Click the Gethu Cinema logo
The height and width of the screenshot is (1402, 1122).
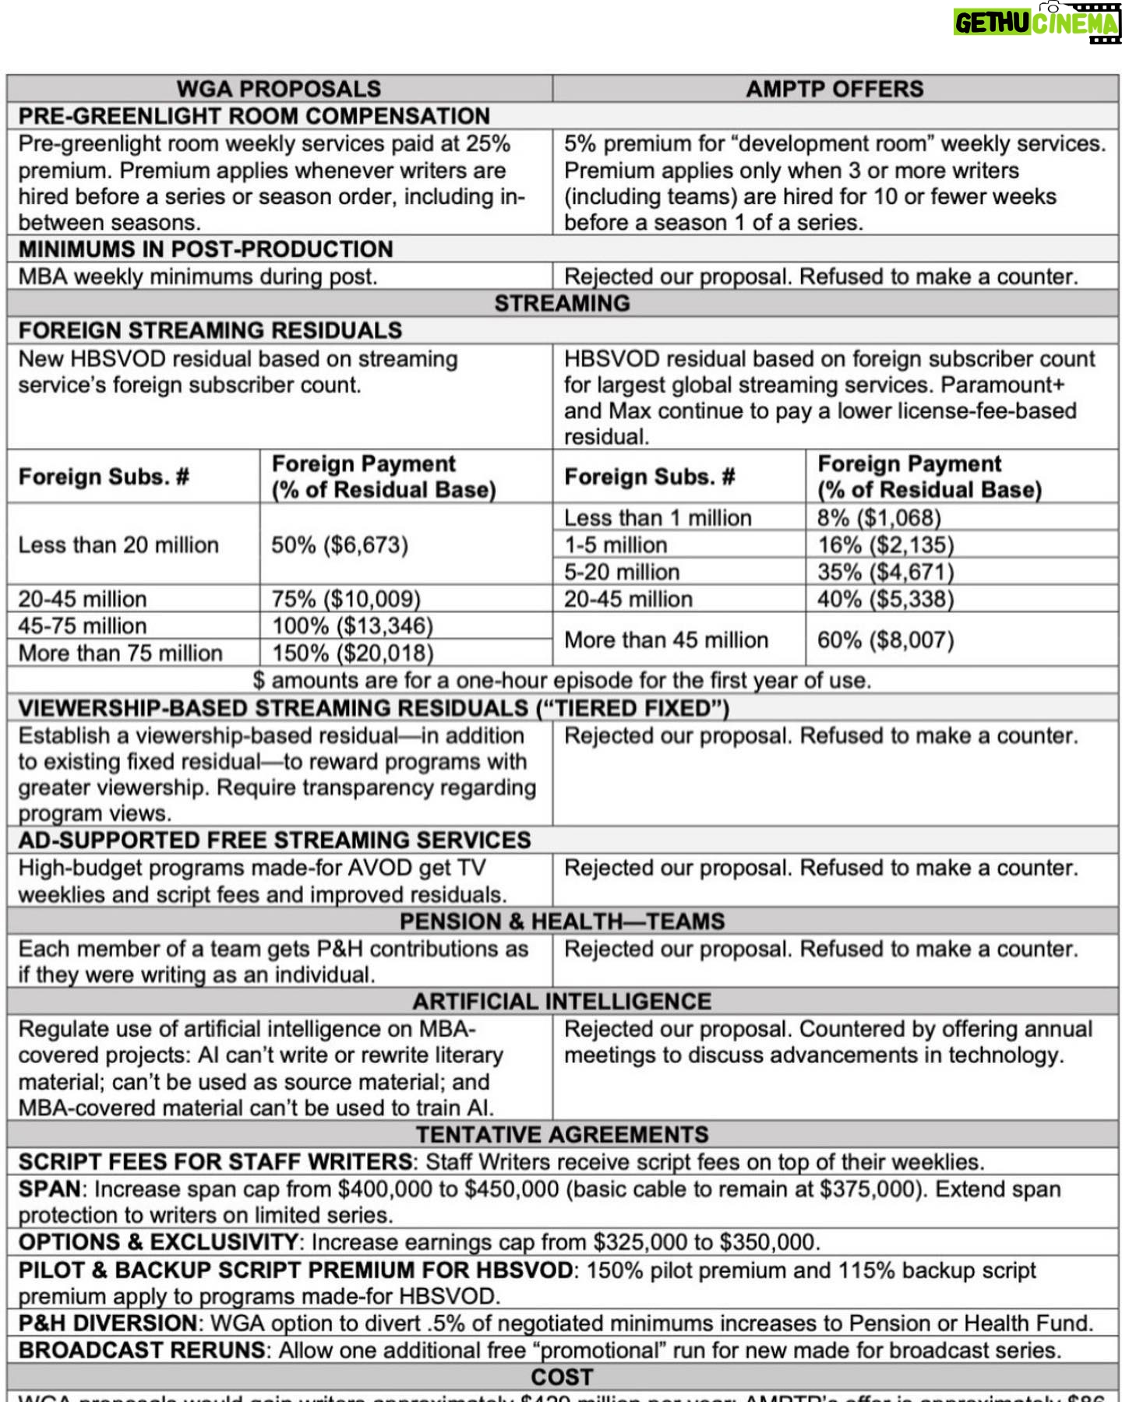tap(1036, 23)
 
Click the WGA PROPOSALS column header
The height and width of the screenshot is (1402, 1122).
tap(279, 89)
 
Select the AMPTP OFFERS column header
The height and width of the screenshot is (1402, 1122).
tap(834, 89)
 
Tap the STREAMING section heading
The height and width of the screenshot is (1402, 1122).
tap(562, 303)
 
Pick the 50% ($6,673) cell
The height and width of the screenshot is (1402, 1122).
tap(340, 544)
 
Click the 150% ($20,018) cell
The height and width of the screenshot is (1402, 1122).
tap(352, 653)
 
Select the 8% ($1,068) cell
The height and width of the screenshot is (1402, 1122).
tap(879, 517)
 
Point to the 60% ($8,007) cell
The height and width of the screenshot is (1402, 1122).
tap(885, 639)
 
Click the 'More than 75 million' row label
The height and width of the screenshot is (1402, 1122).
tap(121, 653)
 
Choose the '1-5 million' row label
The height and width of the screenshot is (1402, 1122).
tap(616, 544)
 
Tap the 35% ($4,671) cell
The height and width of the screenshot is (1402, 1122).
tap(885, 572)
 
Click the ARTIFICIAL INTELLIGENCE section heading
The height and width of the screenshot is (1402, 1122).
tap(562, 1001)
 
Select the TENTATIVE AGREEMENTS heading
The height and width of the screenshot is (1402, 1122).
tap(562, 1134)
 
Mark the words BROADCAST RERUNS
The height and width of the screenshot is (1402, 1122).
tap(143, 1350)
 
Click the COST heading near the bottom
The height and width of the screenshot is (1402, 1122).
tap(562, 1377)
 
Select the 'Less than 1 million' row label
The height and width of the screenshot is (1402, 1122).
tap(658, 517)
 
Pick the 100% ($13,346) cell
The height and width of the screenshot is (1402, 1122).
tap(352, 625)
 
